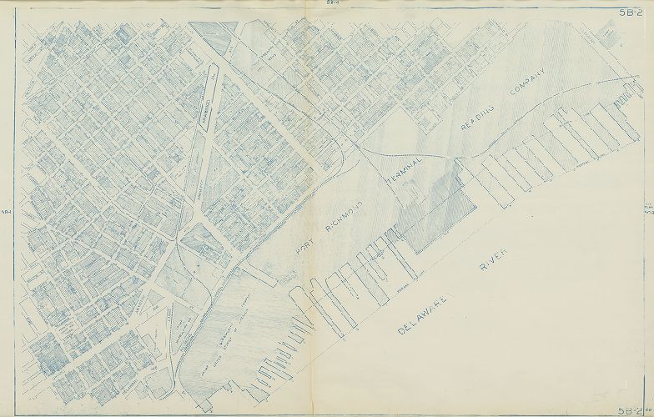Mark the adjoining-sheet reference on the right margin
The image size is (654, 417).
(x=649, y=209)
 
